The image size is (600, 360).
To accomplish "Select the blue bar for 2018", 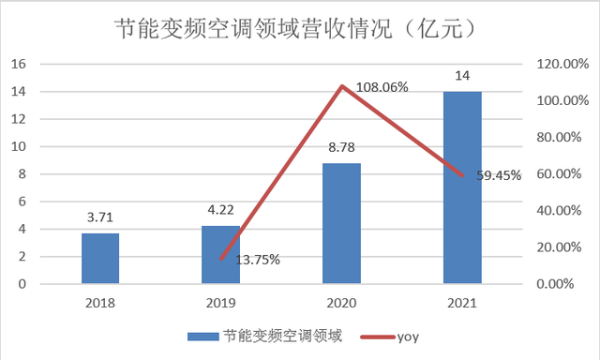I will click(100, 259).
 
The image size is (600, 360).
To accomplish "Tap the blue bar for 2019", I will click(221, 255).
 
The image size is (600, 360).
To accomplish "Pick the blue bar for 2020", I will click(342, 224).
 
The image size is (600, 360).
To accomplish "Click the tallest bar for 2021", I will click(463, 187).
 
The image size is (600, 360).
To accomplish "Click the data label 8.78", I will click(342, 149).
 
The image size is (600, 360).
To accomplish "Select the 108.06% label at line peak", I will click(381, 87).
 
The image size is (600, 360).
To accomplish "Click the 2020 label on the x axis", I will click(342, 303).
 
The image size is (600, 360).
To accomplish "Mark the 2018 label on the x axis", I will click(100, 303).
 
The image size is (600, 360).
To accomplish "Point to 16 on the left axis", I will click(18, 64).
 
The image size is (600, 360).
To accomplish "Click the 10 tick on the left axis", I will click(18, 147).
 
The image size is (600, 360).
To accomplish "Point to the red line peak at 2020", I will click(342, 86).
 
